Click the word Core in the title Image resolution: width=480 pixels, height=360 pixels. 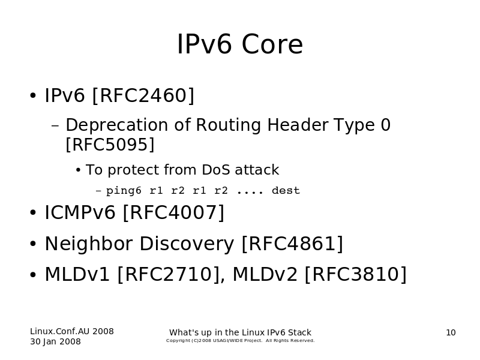272,44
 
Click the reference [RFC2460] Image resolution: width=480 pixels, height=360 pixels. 143,95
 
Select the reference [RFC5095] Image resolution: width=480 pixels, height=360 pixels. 110,145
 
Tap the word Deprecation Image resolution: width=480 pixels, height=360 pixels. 116,125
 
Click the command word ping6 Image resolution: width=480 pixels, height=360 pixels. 124,191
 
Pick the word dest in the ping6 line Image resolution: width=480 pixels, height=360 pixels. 286,190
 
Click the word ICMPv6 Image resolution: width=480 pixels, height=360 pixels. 80,212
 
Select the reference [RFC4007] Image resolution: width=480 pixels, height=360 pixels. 173,213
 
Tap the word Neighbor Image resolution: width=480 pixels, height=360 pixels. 88,244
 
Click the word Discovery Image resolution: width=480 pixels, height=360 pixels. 187,244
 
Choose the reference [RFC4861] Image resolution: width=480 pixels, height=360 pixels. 292,244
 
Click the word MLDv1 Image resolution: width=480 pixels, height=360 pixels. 77,274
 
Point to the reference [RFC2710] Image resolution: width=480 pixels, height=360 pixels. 169,274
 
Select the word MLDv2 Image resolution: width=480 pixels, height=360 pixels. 265,274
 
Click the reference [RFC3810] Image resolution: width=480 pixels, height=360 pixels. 356,274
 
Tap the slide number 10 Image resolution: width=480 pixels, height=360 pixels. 451,333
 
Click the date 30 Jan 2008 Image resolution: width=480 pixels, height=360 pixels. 55,341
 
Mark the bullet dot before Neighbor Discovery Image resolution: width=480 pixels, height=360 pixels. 33,244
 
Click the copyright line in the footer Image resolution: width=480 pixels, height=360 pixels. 241,341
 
